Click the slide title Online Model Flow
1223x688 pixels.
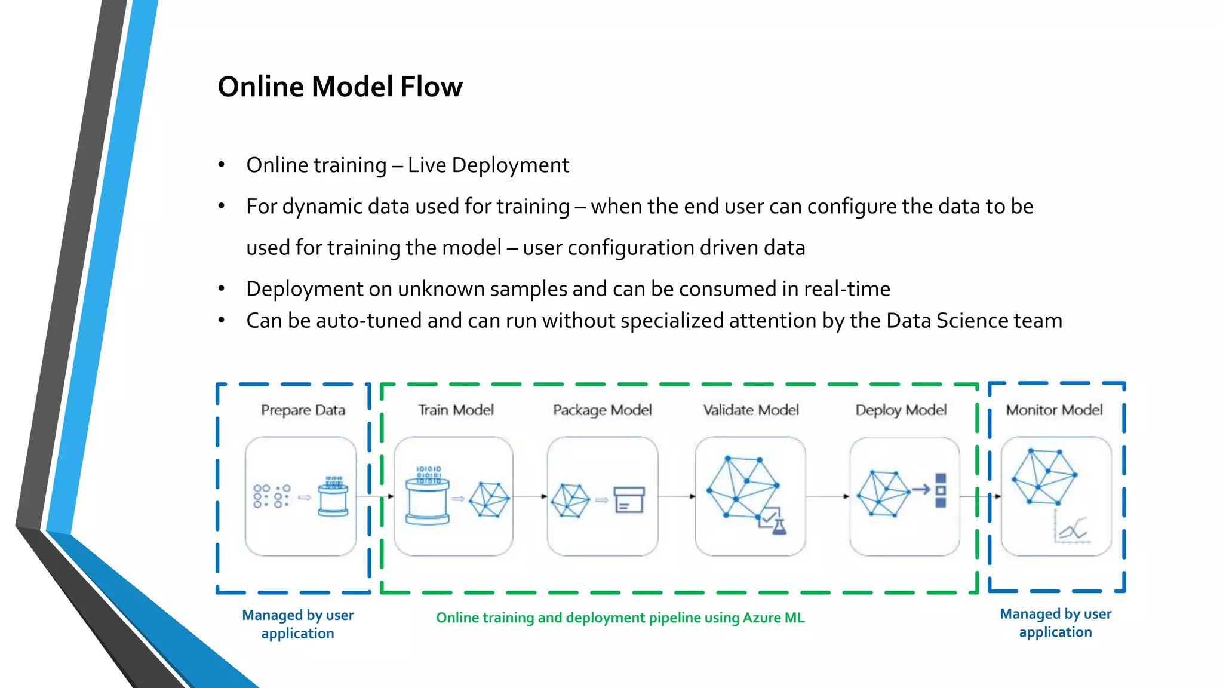(340, 87)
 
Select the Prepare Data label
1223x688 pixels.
(303, 410)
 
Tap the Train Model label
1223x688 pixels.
(456, 410)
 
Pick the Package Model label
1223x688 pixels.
(602, 410)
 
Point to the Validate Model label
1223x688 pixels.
(751, 410)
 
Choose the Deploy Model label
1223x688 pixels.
(901, 410)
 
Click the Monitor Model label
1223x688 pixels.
(1054, 410)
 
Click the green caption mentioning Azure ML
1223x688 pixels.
(620, 618)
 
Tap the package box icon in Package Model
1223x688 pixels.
(629, 500)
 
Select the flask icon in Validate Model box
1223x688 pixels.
(778, 526)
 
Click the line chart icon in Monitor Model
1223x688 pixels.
(1073, 530)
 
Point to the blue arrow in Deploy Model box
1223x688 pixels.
(921, 490)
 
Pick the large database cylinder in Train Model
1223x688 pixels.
(427, 500)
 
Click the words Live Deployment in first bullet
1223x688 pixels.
(488, 165)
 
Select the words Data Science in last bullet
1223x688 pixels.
(947, 321)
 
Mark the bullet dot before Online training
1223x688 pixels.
(222, 165)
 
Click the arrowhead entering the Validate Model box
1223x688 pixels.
(692, 496)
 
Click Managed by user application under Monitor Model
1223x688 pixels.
(1055, 623)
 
